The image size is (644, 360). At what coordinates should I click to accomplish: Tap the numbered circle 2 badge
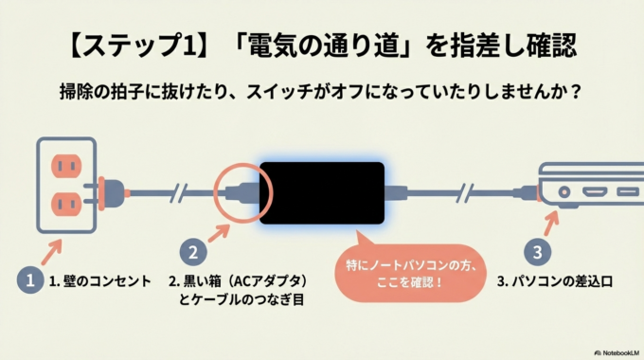pos(193,252)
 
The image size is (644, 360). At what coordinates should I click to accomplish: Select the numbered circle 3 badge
pos(537,253)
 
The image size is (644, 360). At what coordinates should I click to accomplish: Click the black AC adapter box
pos(322,191)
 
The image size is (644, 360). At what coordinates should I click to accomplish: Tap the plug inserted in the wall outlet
pos(111,191)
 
